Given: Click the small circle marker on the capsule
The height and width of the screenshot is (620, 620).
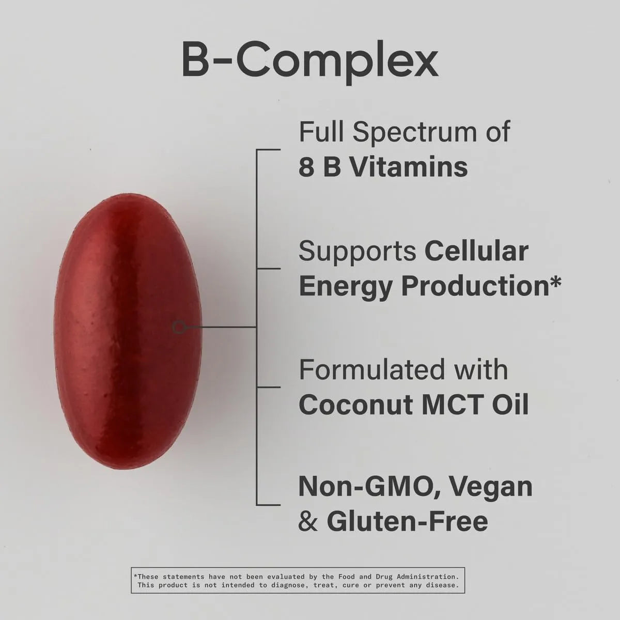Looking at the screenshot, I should point(178,327).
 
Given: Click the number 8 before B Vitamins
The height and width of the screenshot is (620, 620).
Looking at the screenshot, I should point(306,167).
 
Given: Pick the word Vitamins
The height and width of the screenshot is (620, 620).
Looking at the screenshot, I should point(408,167).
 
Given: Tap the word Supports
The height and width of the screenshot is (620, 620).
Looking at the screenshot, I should point(358,252).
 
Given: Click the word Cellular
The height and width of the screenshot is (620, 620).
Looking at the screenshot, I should point(476,252).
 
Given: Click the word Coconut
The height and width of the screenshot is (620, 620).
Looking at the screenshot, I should point(356,405).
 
